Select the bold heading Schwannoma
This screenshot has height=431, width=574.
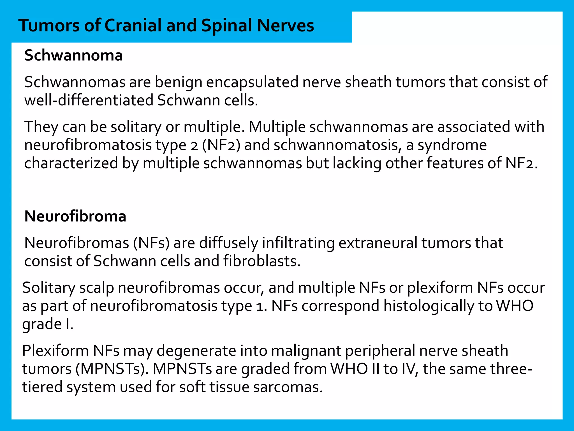coord(73,56)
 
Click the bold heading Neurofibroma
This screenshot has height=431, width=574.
coord(75,216)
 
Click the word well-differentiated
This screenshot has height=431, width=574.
coord(89,100)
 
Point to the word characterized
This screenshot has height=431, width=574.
coord(71,163)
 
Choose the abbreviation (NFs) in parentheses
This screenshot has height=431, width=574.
coord(151,243)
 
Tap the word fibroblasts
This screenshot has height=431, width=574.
coord(262,261)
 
